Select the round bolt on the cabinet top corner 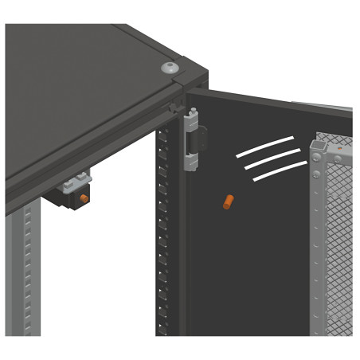pyautogui.click(x=170, y=68)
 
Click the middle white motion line pyautogui.click(x=272, y=159)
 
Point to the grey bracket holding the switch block pyautogui.click(x=80, y=180)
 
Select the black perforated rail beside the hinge pyautogui.click(x=163, y=239)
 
